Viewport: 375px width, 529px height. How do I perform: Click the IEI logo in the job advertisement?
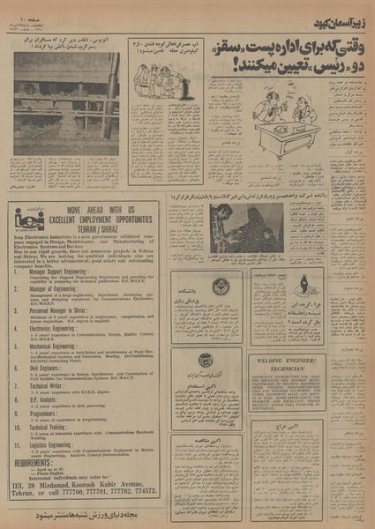pyautogui.click(x=26, y=217)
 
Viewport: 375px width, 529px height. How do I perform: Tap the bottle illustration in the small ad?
pyautogui.click(x=304, y=282)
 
